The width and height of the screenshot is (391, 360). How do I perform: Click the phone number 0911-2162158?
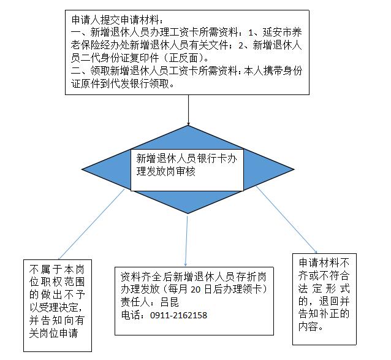[178, 315]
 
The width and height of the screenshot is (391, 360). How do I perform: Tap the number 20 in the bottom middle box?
[195, 289]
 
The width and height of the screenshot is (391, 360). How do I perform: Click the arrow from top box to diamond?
[188, 110]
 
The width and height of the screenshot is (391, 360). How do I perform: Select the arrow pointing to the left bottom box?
[91, 224]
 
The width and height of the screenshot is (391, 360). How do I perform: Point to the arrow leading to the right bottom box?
[287, 220]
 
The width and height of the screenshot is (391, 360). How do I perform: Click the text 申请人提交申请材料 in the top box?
[115, 20]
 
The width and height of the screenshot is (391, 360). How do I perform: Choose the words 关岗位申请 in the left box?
[53, 333]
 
